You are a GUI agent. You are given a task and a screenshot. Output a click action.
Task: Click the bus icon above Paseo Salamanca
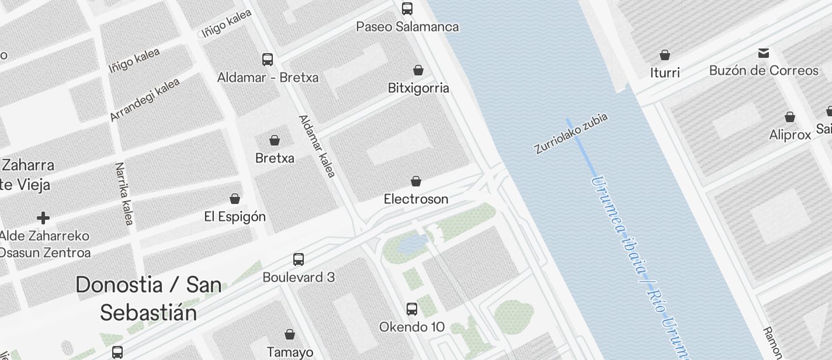tap(407, 9)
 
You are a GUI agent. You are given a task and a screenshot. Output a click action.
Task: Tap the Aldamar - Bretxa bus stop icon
tap(268, 59)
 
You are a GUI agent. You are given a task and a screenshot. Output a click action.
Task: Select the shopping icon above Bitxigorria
tap(418, 70)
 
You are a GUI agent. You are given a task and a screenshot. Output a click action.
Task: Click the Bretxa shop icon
tap(275, 140)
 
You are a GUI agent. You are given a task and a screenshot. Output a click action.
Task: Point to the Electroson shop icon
tap(416, 181)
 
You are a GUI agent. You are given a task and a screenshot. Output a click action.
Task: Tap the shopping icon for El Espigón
tap(235, 199)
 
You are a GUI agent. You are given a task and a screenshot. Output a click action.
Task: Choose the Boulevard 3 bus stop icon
tap(299, 259)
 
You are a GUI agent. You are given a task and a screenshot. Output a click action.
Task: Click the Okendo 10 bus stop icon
tap(412, 309)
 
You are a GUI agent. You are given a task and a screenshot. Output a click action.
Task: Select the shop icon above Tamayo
tap(290, 334)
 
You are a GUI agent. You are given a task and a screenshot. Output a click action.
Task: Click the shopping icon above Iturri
tap(665, 55)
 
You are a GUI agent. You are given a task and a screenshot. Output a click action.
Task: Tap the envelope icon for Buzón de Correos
tap(764, 53)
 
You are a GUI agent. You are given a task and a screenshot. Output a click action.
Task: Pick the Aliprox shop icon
tap(790, 117)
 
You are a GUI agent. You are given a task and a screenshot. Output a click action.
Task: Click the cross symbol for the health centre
tap(43, 218)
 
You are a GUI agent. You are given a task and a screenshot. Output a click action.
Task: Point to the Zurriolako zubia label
tap(571, 133)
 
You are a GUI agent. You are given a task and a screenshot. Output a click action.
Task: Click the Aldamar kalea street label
tap(317, 146)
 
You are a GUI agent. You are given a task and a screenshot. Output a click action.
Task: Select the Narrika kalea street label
tap(124, 193)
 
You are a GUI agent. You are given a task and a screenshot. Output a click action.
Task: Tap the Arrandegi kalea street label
tap(145, 99)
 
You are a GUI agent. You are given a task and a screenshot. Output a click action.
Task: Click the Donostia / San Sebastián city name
tap(148, 299)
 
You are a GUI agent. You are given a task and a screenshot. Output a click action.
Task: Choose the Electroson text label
tap(416, 199)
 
